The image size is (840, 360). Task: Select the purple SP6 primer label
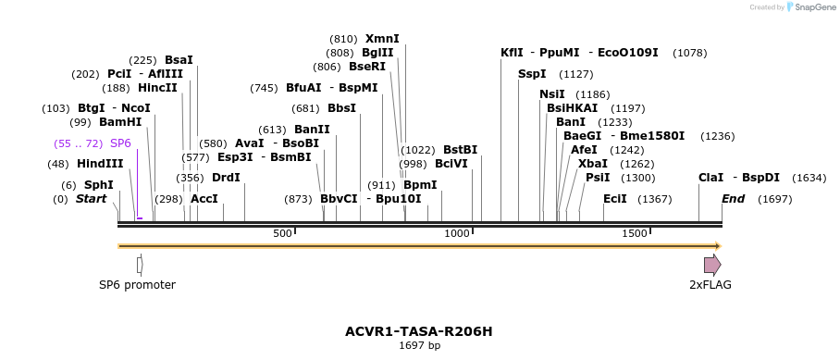point(120,143)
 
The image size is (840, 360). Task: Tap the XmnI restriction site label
point(382,39)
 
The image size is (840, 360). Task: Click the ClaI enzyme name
point(710,178)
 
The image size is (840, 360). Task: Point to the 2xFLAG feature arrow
point(711,265)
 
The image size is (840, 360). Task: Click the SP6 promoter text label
point(137,285)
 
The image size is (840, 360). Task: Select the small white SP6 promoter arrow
point(140,265)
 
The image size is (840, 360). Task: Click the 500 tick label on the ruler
point(282,233)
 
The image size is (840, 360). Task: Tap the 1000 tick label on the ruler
point(457,233)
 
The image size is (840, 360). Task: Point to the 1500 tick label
point(634,233)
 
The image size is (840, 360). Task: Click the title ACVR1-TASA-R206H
point(419,331)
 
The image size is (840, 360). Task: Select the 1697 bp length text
point(419,346)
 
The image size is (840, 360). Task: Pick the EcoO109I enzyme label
point(628,53)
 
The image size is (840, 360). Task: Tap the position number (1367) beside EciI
point(655,199)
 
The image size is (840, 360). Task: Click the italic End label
point(733,199)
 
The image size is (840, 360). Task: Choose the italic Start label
point(91,199)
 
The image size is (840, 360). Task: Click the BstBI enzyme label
point(460,150)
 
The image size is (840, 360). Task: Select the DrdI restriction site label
point(226,178)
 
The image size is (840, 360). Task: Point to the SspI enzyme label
point(532,74)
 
